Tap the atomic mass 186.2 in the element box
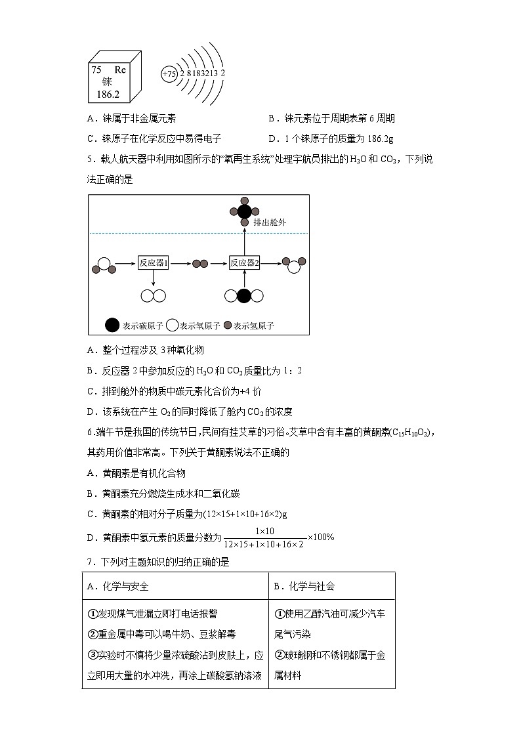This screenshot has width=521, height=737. (x=108, y=95)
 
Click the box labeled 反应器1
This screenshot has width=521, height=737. (x=154, y=263)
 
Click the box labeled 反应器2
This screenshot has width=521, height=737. (x=245, y=263)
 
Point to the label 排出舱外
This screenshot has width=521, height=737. (x=270, y=222)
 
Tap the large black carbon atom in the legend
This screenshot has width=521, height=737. (x=112, y=325)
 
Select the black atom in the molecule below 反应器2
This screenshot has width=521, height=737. (x=244, y=296)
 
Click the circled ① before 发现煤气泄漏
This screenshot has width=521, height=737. (x=92, y=614)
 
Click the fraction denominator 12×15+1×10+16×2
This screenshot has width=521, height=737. (x=263, y=544)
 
